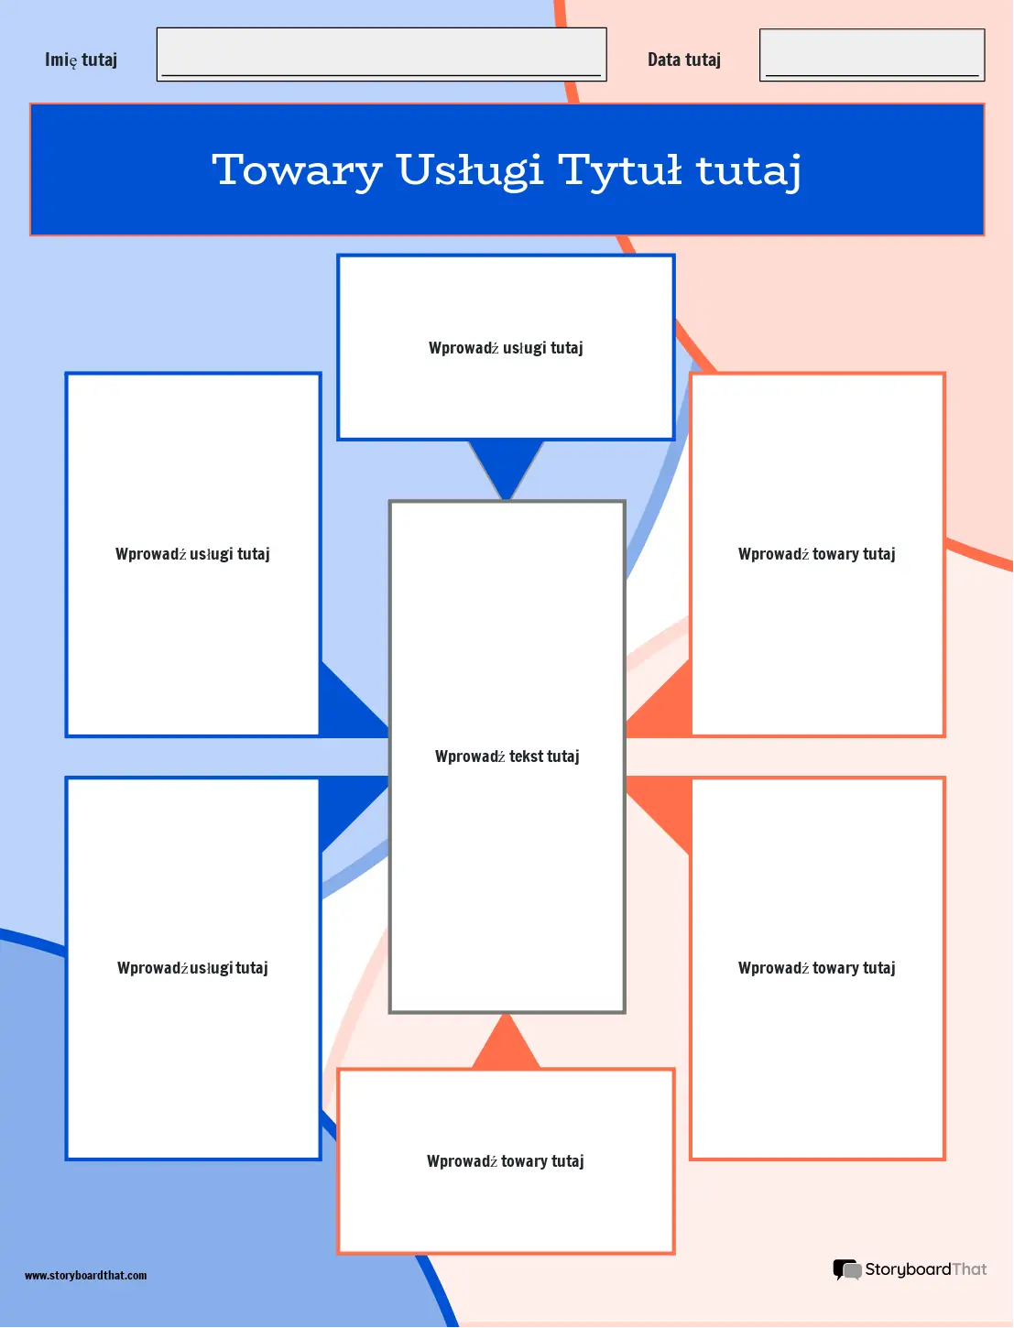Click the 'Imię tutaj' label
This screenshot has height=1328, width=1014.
82,60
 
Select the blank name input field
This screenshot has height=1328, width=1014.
381,54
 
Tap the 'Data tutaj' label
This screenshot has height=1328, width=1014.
683,60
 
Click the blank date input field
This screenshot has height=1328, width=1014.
872,54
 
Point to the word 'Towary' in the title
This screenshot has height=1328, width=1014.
297,171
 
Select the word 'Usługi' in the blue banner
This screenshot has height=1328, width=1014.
470,171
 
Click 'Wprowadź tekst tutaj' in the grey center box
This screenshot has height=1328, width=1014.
507,757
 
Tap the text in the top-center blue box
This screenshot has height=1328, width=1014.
506,348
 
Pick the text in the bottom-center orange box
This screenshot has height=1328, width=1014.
506,1161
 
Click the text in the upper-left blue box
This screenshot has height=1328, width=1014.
192,554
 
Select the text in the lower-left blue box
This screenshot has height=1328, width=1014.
192,968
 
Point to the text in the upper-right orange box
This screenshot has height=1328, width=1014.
817,554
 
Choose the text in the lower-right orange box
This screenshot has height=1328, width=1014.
817,968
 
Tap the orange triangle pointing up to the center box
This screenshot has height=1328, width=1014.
506,1044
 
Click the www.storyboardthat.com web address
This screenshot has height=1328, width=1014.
85,1276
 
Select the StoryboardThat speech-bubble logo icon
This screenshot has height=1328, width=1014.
847,1269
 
